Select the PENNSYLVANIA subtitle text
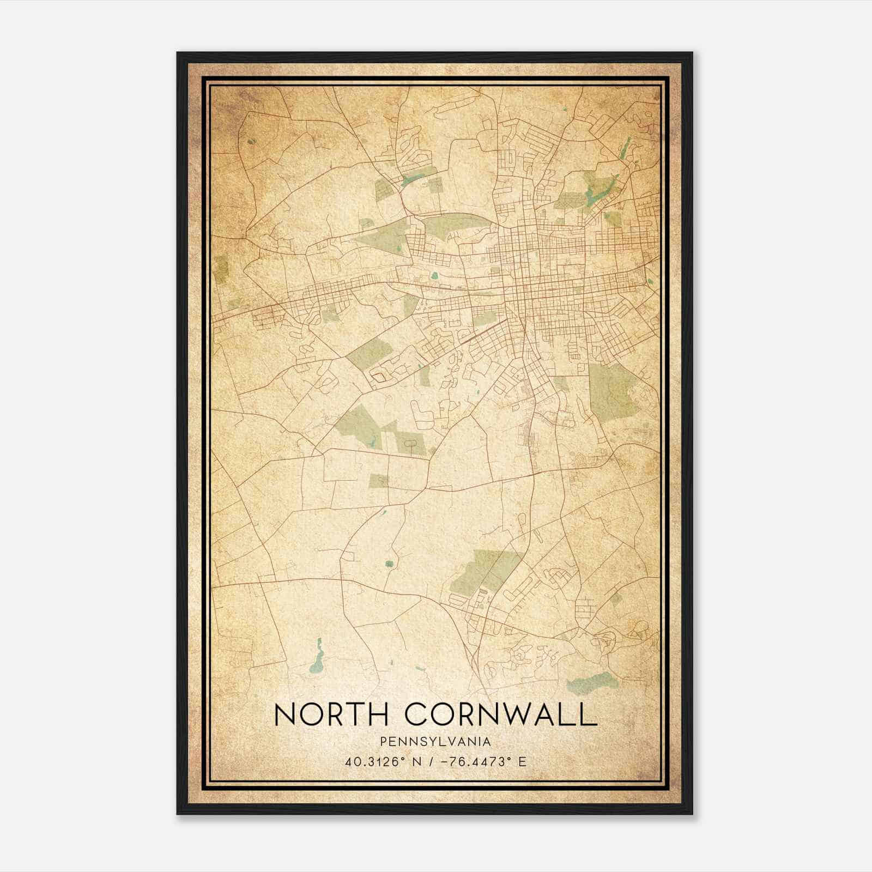tap(435, 742)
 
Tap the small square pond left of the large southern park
tap(389, 564)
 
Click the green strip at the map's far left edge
tap(221, 268)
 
